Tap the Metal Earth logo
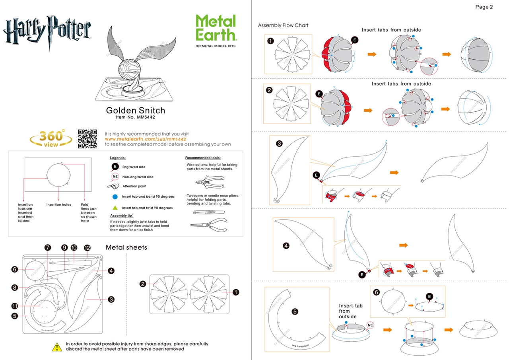(216, 28)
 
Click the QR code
(87, 138)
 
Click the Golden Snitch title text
(135, 111)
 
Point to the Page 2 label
(484, 7)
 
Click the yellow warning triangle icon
(58, 346)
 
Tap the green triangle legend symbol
(115, 208)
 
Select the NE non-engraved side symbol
(115, 177)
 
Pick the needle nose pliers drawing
(208, 224)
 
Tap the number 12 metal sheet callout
(87, 247)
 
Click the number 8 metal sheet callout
(15, 288)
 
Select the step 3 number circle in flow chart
(279, 144)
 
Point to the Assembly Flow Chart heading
(283, 25)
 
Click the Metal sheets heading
(126, 247)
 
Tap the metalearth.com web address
(145, 139)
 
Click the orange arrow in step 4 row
(404, 245)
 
